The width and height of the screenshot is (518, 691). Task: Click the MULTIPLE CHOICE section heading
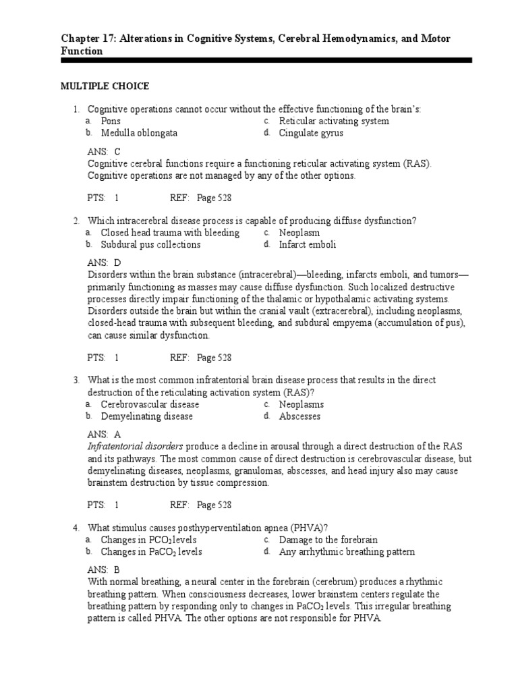point(105,86)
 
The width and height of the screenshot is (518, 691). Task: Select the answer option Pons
point(111,121)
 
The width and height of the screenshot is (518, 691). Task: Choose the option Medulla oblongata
point(139,134)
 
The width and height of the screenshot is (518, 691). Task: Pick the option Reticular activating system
point(334,121)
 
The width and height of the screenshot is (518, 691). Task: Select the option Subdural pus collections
point(150,245)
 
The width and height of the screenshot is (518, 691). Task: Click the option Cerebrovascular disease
point(150,405)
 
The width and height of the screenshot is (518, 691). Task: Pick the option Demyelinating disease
point(146,417)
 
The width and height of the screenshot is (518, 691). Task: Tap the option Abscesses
point(299,417)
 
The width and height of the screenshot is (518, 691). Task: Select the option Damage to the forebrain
point(328,540)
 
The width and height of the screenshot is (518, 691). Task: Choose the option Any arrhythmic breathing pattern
point(347,552)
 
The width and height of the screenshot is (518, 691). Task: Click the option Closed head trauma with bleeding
point(170,233)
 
